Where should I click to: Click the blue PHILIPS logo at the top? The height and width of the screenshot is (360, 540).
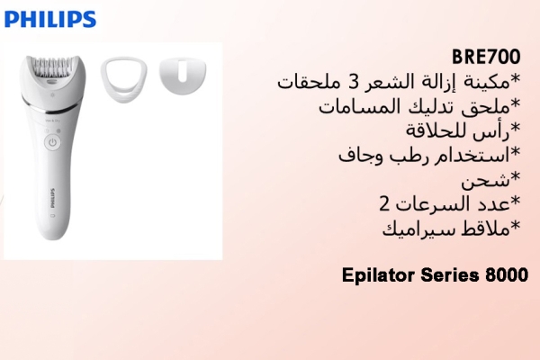tap(49, 18)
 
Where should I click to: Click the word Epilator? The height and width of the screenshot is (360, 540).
tap(379, 274)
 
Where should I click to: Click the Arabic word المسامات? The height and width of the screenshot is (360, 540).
tap(350, 107)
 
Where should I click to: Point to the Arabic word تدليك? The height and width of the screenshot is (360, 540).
tap(419, 107)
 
